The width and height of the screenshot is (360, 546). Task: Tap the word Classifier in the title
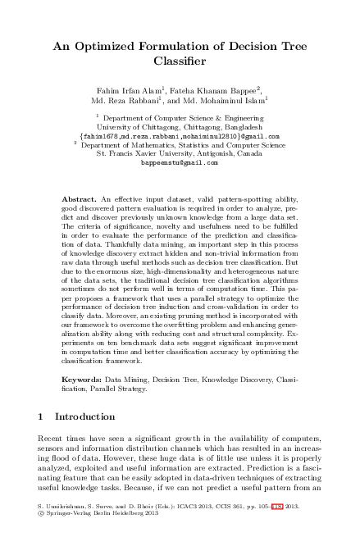click(180, 61)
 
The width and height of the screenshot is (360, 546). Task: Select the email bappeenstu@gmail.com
click(180, 162)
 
